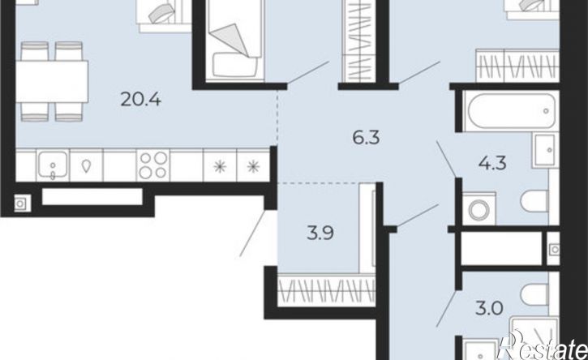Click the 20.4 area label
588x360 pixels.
[x=141, y=100]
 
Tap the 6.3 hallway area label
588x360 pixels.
[x=366, y=138]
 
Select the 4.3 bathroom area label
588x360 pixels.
[x=493, y=163]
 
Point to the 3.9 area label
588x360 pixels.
[x=320, y=234]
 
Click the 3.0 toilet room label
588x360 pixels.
[x=489, y=309]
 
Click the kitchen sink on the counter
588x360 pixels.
[x=53, y=166]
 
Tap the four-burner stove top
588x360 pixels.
[x=153, y=165]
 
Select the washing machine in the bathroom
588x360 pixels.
[x=479, y=208]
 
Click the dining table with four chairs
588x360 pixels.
[x=52, y=81]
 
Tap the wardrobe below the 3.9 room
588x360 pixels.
[x=327, y=290]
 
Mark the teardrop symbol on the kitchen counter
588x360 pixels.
[x=86, y=165]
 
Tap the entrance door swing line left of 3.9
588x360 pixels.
[x=253, y=234]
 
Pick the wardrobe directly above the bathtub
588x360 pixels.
[x=517, y=65]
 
